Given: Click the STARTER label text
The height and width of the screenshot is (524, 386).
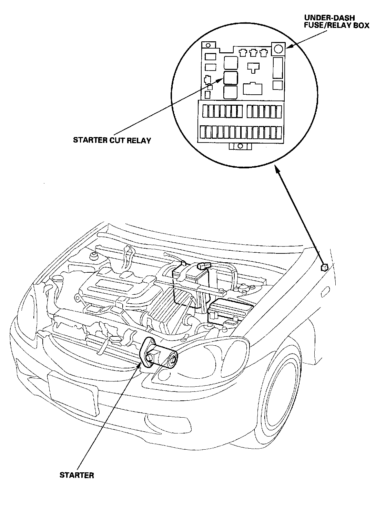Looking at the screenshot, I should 77,475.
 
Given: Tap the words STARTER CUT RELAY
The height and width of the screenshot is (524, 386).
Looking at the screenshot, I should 112,140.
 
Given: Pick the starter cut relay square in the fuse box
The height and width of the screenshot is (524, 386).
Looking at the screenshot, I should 230,78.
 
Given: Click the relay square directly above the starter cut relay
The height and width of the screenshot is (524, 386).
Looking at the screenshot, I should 230,63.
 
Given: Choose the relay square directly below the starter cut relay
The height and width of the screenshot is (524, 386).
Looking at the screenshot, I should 230,92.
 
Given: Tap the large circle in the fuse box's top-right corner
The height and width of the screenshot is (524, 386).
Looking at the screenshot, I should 278,49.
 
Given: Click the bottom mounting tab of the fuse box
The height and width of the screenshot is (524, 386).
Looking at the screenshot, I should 241,146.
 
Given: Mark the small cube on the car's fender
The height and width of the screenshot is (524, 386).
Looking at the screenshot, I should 324,267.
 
